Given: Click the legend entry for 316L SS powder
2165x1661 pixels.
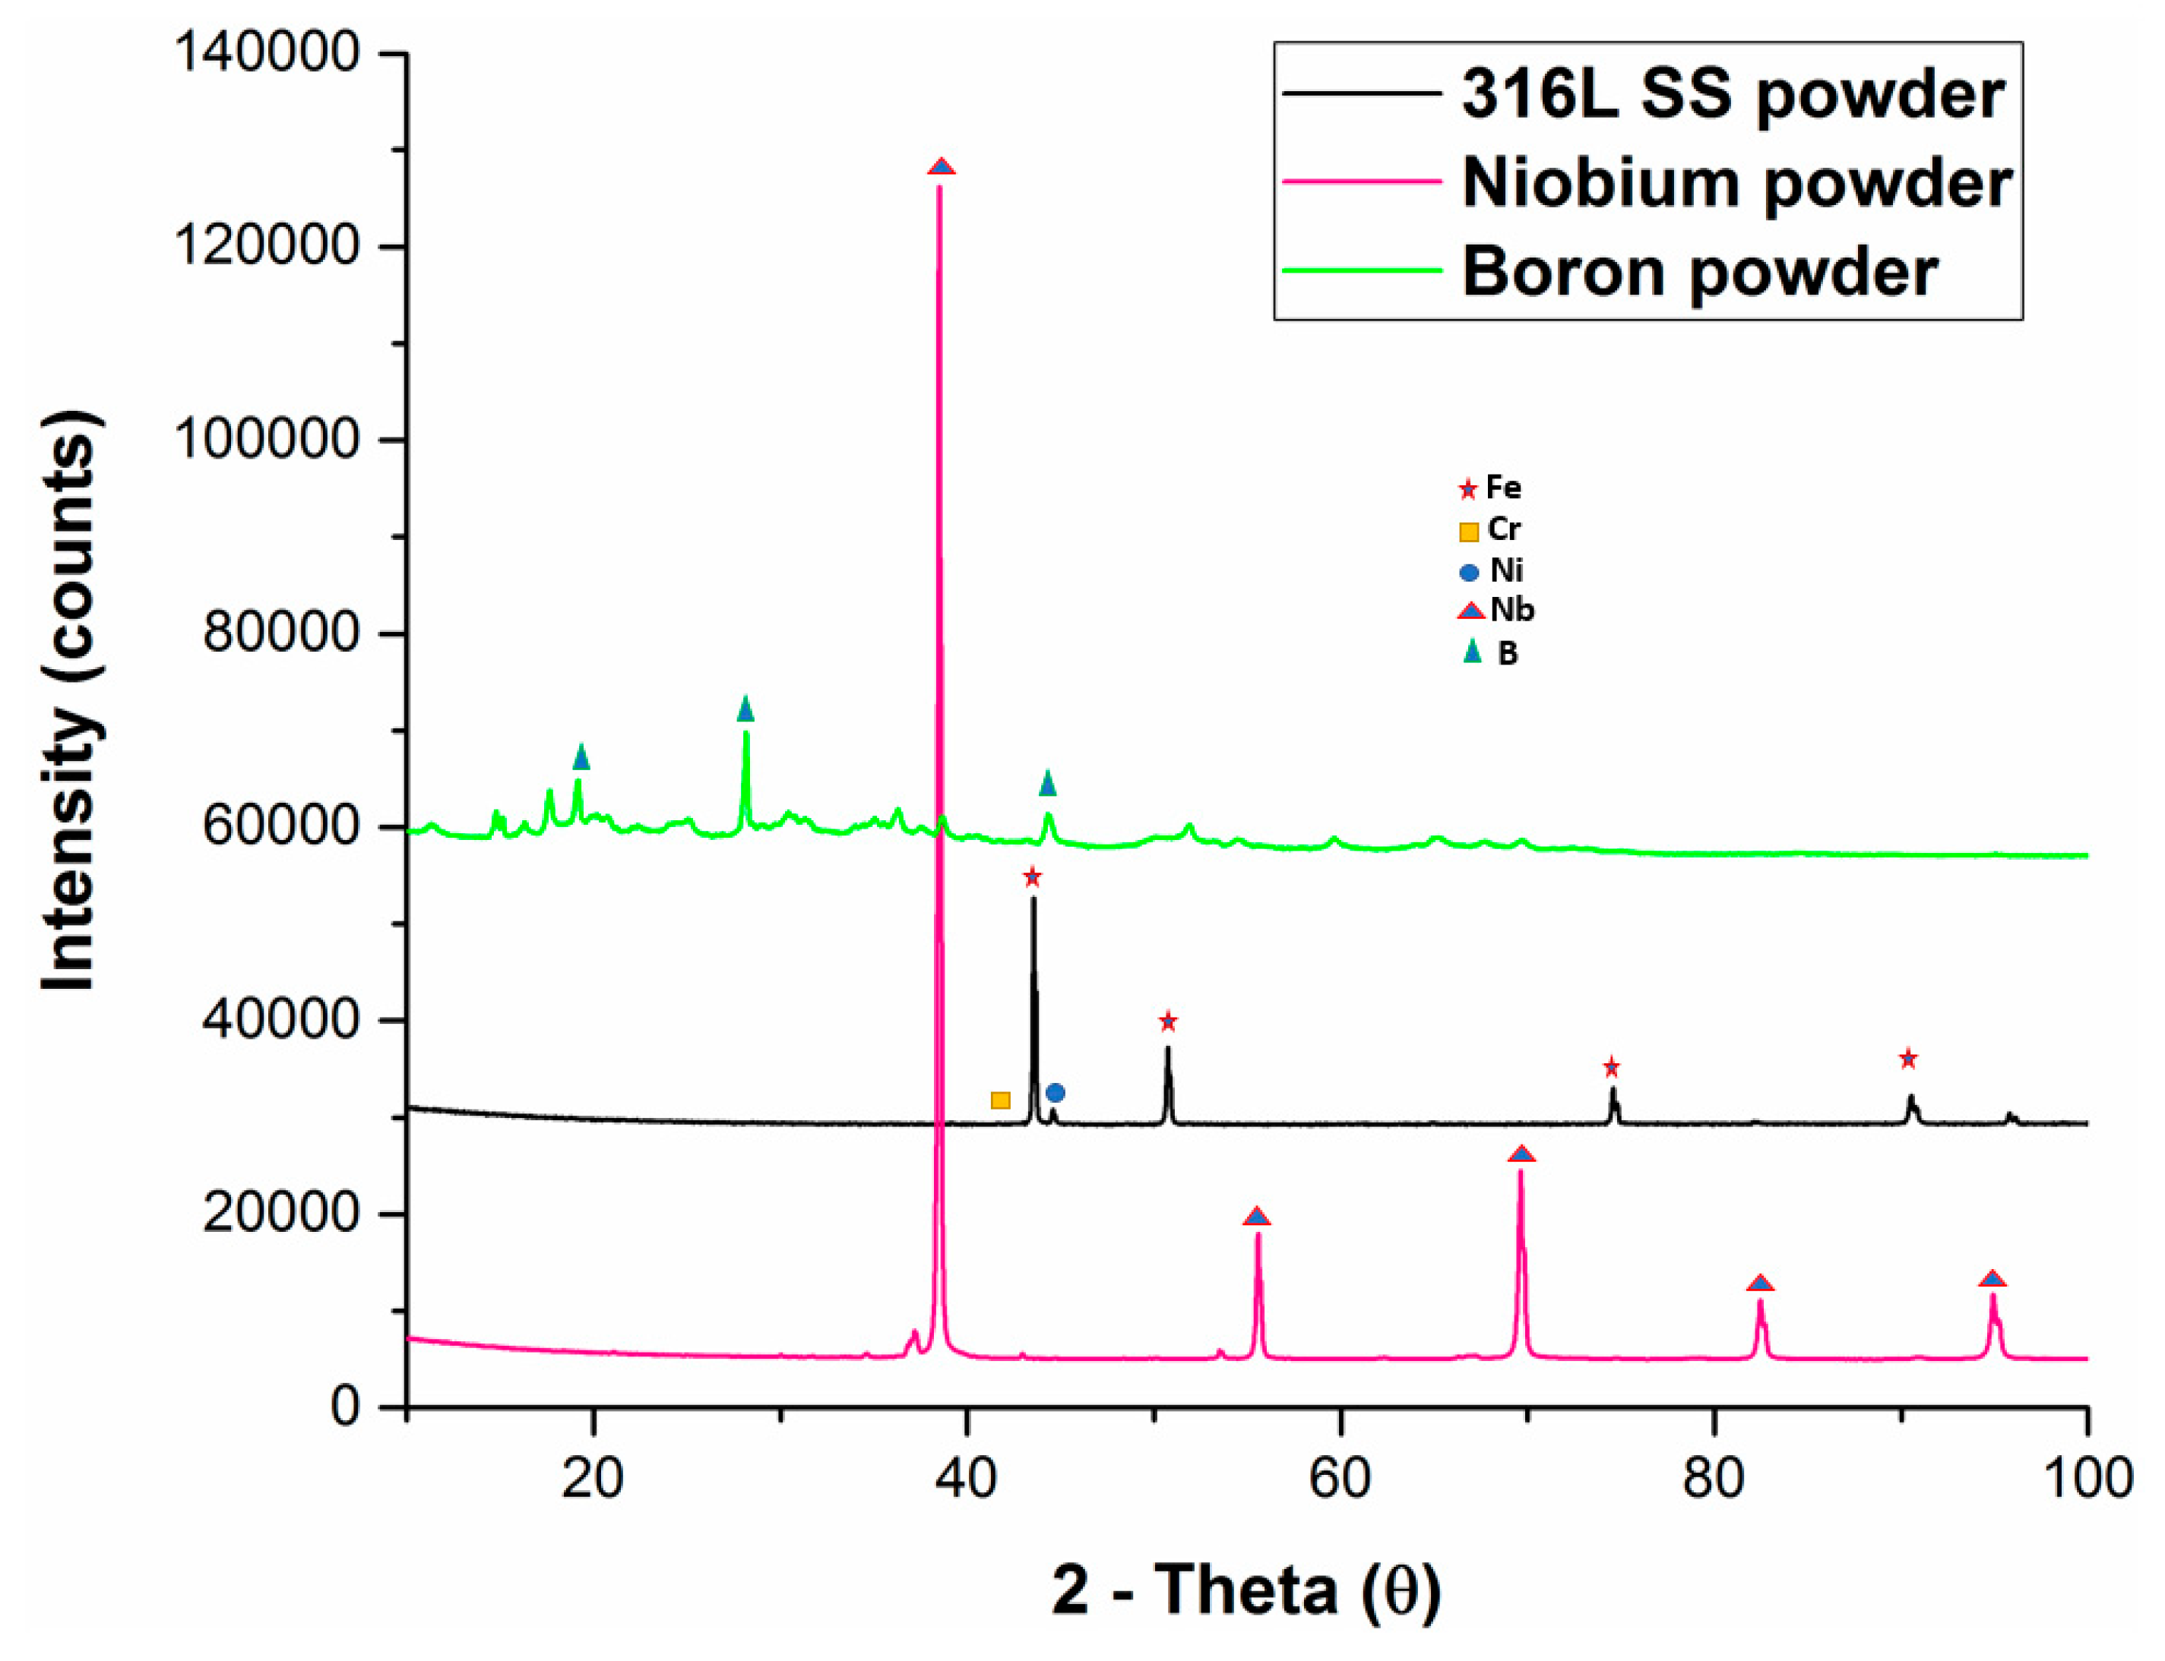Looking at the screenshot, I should point(1731,95).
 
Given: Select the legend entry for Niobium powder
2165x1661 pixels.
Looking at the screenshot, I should point(1736,183).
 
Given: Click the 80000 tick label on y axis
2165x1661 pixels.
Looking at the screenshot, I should point(281,633).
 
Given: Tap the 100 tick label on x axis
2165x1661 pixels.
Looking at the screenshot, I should point(2087,1478).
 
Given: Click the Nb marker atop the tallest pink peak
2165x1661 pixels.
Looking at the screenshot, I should point(941,167).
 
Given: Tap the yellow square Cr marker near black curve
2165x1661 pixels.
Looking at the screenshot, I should point(1000,1100).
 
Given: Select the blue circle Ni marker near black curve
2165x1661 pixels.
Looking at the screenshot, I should point(1056,1092).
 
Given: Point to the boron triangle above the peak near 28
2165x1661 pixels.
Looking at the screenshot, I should point(745,709).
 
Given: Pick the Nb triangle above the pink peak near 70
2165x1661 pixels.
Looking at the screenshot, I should point(1522,1154).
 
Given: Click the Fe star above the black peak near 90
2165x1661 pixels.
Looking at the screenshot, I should point(1908,1059).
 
